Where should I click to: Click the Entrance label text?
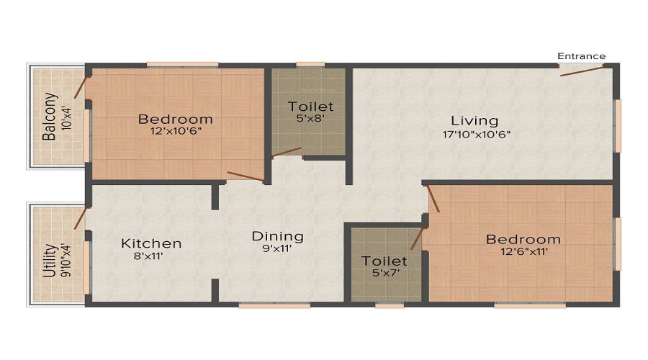pyautogui.click(x=581, y=56)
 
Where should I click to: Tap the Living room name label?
pyautogui.click(x=474, y=120)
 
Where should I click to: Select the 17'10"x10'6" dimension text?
pyautogui.click(x=477, y=134)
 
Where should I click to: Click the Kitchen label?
pyautogui.click(x=151, y=243)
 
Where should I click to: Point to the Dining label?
pyautogui.click(x=277, y=236)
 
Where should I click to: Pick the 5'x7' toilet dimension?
pyautogui.click(x=384, y=274)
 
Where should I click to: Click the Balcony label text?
pyautogui.click(x=49, y=117)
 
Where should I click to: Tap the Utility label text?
pyautogui.click(x=50, y=261)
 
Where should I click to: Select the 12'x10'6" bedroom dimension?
pyautogui.click(x=176, y=133)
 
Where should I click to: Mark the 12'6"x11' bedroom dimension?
pyautogui.click(x=523, y=253)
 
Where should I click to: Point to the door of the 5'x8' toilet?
pyautogui.click(x=287, y=153)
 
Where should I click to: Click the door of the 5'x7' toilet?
pyautogui.click(x=417, y=239)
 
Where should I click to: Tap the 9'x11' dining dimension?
pyautogui.click(x=277, y=250)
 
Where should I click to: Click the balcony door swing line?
pyautogui.click(x=81, y=87)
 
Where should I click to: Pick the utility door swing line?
pyautogui.click(x=81, y=218)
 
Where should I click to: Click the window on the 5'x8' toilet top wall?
pyautogui.click(x=310, y=65)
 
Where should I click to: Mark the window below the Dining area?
pyautogui.click(x=274, y=305)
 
